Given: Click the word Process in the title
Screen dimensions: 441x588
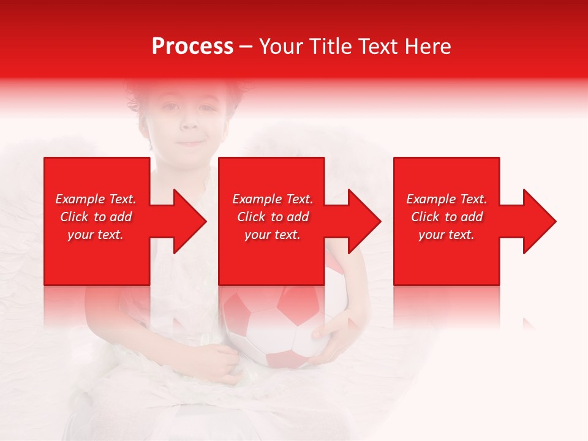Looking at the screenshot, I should coord(192,47).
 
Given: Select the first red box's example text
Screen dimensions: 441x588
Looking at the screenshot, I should coord(96,217).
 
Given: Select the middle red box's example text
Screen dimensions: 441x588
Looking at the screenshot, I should coord(272,217).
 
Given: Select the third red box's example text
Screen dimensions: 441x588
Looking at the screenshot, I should coord(447,217).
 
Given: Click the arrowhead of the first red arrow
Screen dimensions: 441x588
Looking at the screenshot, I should coord(190,221).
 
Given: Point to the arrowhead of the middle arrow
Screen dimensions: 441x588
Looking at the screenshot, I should coord(364,221).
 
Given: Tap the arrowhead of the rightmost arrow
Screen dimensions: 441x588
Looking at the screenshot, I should coord(540,221).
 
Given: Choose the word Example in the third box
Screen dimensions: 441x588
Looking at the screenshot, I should coord(431,199).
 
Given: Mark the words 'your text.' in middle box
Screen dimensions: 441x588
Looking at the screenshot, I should coord(272,235).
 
